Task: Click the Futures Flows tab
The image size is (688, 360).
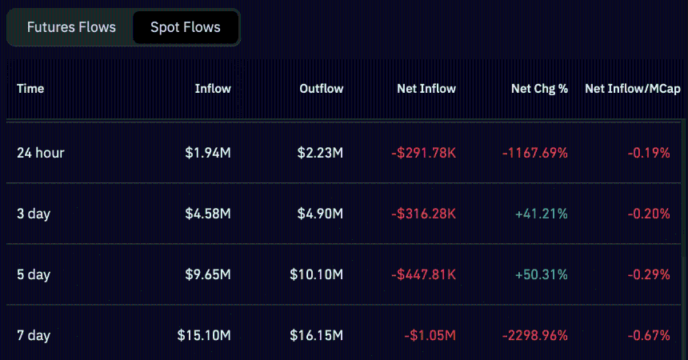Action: [71, 27]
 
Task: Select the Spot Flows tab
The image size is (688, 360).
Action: [186, 27]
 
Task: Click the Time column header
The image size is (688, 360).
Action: [30, 89]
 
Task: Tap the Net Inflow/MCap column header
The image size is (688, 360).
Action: [632, 89]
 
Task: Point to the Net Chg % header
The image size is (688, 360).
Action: [539, 89]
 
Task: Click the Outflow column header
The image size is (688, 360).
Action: [321, 89]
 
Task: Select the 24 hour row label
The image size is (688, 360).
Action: [40, 153]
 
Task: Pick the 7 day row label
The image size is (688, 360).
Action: [34, 335]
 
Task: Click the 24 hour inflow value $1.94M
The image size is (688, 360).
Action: [207, 153]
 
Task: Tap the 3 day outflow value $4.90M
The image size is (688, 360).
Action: [320, 214]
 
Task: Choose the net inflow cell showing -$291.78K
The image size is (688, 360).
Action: [423, 153]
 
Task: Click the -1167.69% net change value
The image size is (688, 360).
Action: [535, 153]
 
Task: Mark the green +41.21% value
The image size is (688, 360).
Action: [542, 214]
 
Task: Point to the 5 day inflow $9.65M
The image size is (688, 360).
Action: [207, 274]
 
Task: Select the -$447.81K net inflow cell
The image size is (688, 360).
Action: [423, 274]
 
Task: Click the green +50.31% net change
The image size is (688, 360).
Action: [542, 274]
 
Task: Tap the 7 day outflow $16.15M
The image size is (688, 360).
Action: [316, 335]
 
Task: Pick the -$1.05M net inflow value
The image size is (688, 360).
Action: [430, 335]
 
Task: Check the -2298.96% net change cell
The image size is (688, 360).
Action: [535, 335]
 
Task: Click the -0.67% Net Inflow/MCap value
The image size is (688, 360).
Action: [649, 335]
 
